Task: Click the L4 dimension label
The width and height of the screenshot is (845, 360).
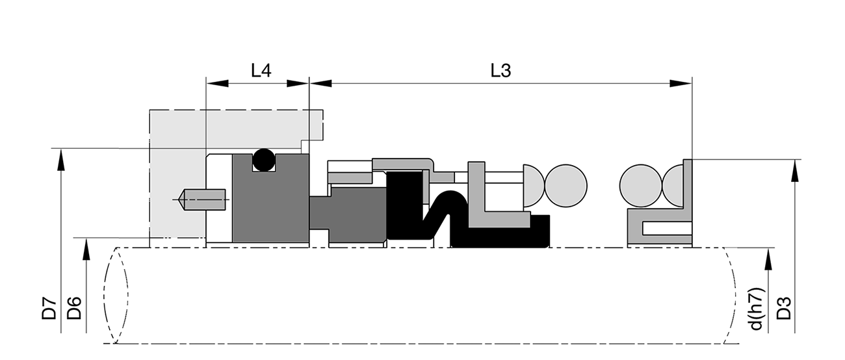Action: pyautogui.click(x=261, y=70)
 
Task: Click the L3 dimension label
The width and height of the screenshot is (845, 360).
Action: pyautogui.click(x=500, y=70)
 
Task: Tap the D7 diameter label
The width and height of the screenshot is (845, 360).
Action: pyautogui.click(x=49, y=307)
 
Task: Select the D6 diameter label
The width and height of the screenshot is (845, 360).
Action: pyautogui.click(x=74, y=307)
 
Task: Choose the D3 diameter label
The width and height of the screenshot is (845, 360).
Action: pyautogui.click(x=783, y=307)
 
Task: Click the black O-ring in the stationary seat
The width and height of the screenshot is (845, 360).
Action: pyautogui.click(x=264, y=160)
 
